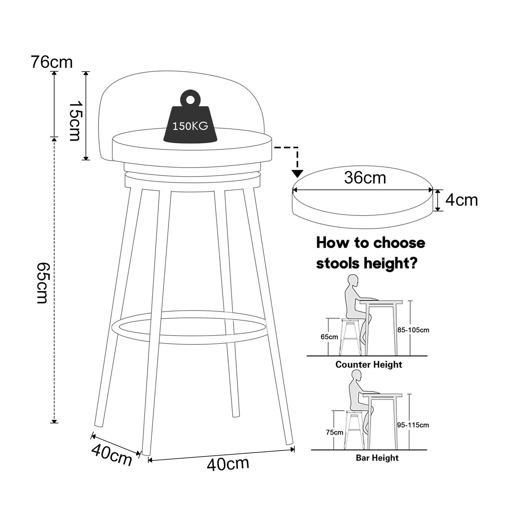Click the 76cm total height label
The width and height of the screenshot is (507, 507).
tap(52, 62)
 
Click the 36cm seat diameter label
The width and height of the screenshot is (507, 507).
tap(365, 178)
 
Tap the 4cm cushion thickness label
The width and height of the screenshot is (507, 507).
tap(461, 200)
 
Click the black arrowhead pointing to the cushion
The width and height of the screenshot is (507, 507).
tap(297, 174)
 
